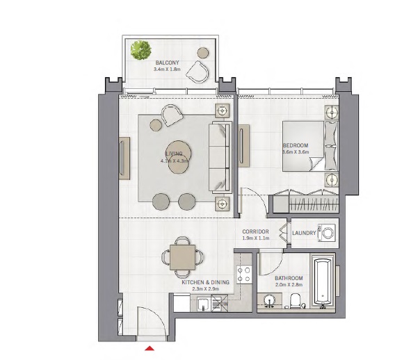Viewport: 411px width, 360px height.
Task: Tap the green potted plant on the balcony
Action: pyautogui.click(x=141, y=49)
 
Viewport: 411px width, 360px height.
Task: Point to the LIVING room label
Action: pyautogui.click(x=174, y=154)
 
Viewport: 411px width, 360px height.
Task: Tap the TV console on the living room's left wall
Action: pyautogui.click(x=124, y=159)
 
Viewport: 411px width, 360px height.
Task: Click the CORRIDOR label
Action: pyautogui.click(x=255, y=231)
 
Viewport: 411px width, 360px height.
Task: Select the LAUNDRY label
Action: pyautogui.click(x=304, y=234)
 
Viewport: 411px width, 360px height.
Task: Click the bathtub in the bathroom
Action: pyautogui.click(x=323, y=282)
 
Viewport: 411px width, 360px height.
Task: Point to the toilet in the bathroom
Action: pyautogui.click(x=295, y=300)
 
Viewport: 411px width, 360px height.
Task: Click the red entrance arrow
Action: pyautogui.click(x=149, y=348)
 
